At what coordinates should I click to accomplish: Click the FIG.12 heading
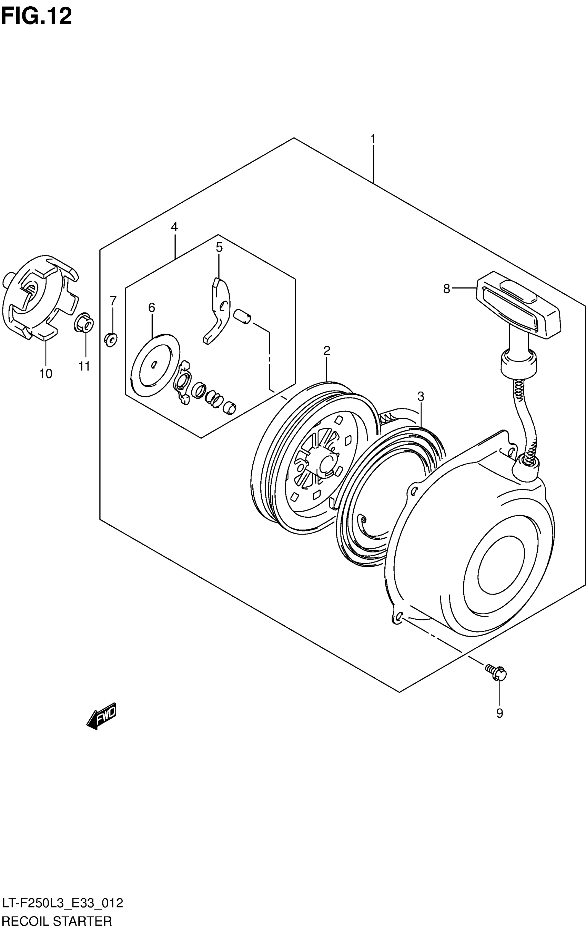pyautogui.click(x=37, y=16)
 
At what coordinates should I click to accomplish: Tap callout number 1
pyautogui.click(x=373, y=139)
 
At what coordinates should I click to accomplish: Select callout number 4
pyautogui.click(x=174, y=227)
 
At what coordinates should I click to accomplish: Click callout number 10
pyautogui.click(x=45, y=374)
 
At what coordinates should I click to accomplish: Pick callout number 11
pyautogui.click(x=84, y=366)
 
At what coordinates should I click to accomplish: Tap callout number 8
pyautogui.click(x=446, y=289)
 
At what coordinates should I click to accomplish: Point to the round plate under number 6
pyautogui.click(x=155, y=364)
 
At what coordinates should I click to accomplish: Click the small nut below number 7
pyautogui.click(x=111, y=340)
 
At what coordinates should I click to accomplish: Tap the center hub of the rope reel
pyautogui.click(x=325, y=463)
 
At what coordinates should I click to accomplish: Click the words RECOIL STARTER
pyautogui.click(x=57, y=922)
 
